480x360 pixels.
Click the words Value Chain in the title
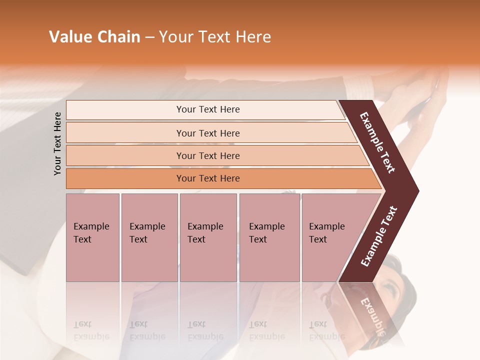(x=94, y=37)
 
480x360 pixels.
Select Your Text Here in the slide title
(x=215, y=37)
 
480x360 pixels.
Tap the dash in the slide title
(x=149, y=37)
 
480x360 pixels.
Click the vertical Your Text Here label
(x=57, y=143)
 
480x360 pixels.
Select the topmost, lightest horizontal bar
(x=207, y=109)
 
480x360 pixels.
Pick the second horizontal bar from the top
(x=207, y=133)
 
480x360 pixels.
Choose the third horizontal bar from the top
(x=207, y=155)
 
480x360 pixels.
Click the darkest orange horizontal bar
(x=207, y=178)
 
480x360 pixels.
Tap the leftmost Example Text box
(x=92, y=237)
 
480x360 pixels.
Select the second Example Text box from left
(x=149, y=237)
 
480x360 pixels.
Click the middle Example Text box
(x=208, y=237)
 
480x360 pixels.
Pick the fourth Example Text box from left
(x=269, y=237)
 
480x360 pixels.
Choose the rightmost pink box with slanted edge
(x=330, y=237)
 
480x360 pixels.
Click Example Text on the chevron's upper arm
(x=377, y=142)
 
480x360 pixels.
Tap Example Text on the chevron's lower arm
(x=379, y=236)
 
